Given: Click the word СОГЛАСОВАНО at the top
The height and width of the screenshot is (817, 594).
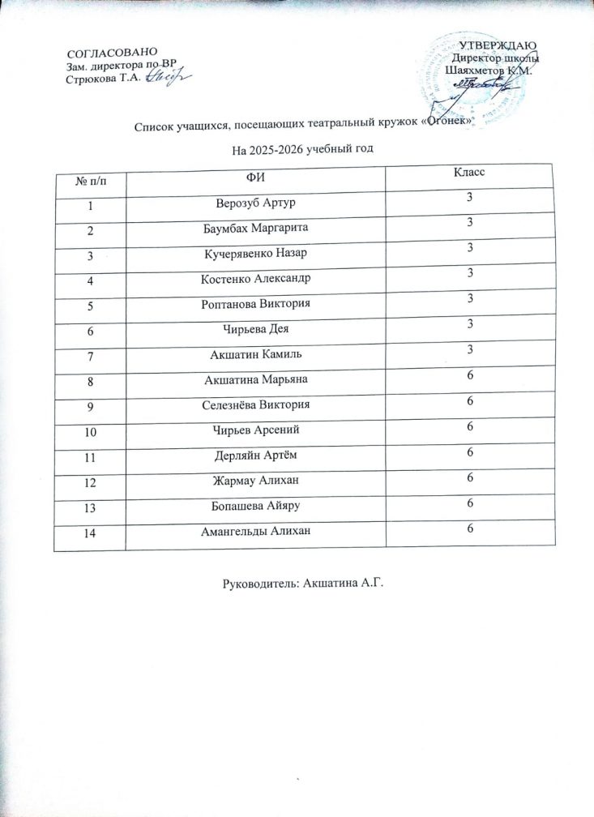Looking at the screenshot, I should coord(105,53).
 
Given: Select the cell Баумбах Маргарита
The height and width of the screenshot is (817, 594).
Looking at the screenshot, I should coord(254,228).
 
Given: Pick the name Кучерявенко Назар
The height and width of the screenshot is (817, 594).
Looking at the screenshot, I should coord(254,254).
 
